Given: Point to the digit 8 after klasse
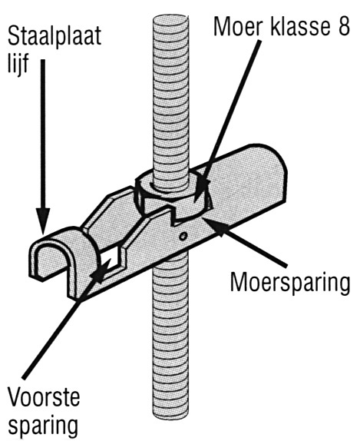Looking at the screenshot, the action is coord(343,26).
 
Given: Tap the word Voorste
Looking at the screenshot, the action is coord(44,397).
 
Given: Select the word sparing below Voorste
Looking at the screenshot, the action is coord(42,423).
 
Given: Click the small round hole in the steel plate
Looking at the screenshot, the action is coord(183,236).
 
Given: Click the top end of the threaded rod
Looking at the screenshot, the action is coord(171,19).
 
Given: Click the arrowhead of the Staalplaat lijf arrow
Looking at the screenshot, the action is coord(43,222).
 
